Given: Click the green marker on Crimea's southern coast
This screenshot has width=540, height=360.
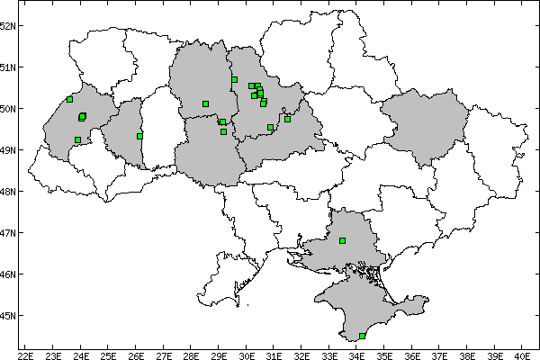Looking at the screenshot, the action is coord(362,336).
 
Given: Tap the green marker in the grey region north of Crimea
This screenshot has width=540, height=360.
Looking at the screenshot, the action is coord(342,240).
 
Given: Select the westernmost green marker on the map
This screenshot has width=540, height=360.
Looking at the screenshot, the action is coord(69,99).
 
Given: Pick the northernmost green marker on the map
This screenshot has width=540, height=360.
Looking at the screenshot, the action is coord(234,79).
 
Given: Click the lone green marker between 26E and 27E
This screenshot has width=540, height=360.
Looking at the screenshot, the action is coord(139,136).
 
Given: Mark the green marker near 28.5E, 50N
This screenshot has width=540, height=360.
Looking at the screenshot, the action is coord(205,103).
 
